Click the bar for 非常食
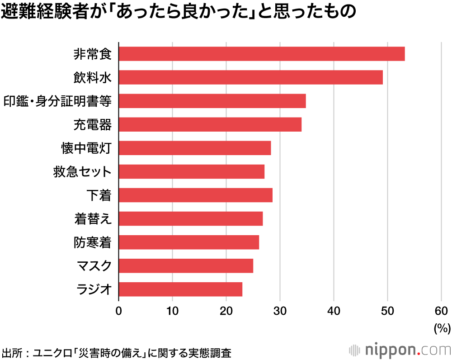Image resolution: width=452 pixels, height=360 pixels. tap(261, 54)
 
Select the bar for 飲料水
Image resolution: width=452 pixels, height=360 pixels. tap(250, 77)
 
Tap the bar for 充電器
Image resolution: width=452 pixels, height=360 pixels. tap(210, 124)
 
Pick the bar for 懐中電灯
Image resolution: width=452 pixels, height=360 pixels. tap(194, 148)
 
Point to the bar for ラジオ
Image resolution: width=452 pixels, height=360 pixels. tap(180, 289)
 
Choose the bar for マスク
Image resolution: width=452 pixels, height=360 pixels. tap(186, 265)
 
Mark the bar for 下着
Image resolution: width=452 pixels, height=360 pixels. tap(195, 195)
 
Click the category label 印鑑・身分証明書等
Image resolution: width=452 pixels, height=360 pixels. tap(57, 101)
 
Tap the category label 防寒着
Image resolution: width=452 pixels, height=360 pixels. tap(93, 242)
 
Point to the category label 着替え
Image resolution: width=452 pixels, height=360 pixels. tap(93, 219)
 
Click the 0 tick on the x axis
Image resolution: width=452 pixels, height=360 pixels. tap(118, 311)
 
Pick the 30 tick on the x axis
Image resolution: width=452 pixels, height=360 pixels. tap(280, 311)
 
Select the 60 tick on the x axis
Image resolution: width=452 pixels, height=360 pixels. tap(441, 311)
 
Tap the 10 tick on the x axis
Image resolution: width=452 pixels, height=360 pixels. tap(172, 311)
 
